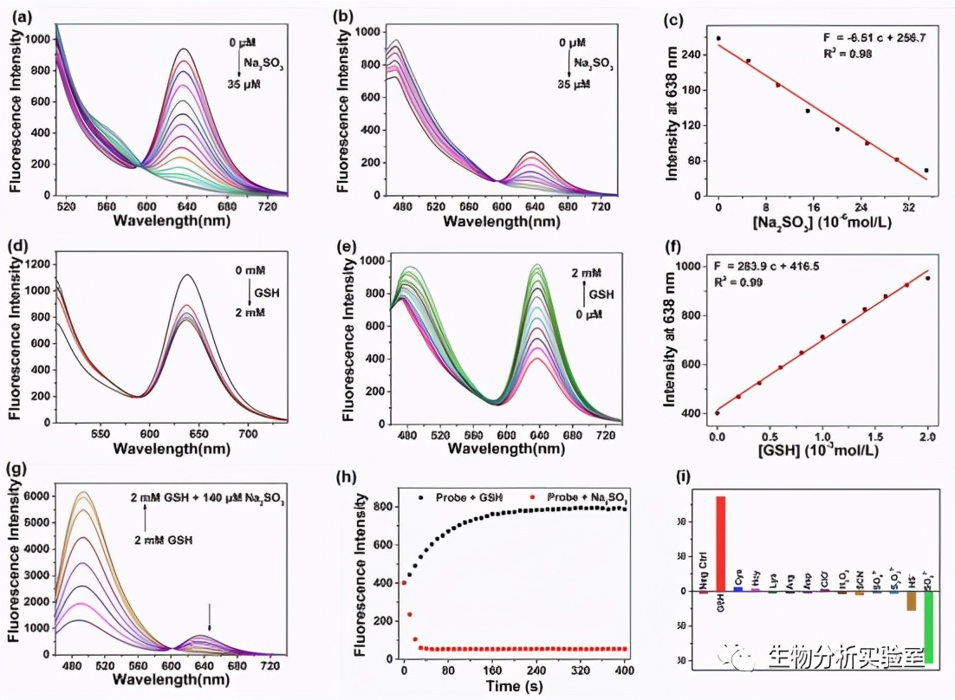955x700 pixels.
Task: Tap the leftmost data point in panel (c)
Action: tap(718, 38)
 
